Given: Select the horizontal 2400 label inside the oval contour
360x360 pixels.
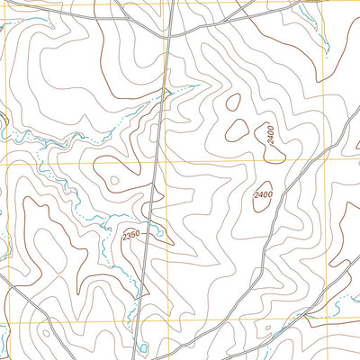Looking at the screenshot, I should [x=264, y=194].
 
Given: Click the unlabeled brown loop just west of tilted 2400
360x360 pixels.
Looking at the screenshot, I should [x=238, y=130].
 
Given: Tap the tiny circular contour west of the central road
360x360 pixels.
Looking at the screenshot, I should [x=113, y=180].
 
